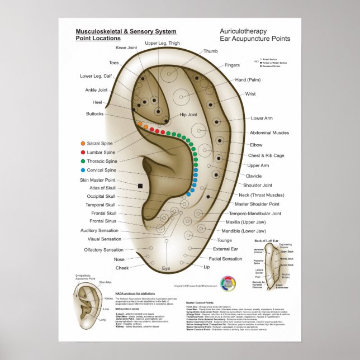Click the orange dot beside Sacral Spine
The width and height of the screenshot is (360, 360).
(83, 144)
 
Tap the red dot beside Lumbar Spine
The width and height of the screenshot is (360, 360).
(83, 152)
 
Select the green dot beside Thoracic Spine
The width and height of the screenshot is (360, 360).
(83, 161)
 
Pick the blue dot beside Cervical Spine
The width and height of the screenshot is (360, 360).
(83, 170)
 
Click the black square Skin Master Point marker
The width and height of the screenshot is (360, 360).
(141, 185)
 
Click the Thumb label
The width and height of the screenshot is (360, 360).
(211, 51)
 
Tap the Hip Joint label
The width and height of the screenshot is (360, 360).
(188, 115)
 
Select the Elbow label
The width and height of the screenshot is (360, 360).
(256, 145)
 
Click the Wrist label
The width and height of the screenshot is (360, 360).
(250, 94)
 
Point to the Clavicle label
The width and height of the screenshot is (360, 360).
(254, 176)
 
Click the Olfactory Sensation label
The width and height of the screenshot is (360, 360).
(103, 250)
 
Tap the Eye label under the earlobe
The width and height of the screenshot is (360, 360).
(166, 269)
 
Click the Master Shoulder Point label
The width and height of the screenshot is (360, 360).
(257, 204)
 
